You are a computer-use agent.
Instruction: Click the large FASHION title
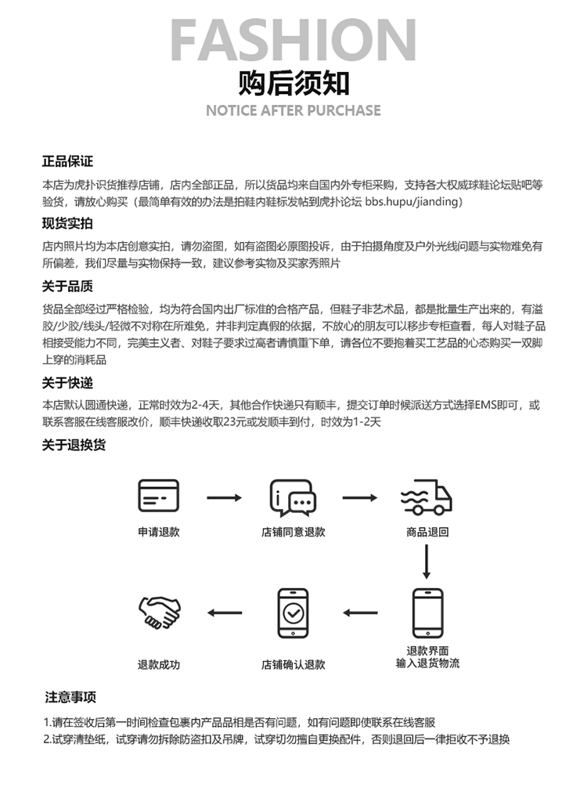tap(293, 39)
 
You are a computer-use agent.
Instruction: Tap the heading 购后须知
tap(293, 83)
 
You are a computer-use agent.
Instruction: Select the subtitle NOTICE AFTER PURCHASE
tap(293, 110)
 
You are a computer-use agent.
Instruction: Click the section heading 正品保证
tap(67, 161)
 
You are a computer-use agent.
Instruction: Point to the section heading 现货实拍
tap(67, 223)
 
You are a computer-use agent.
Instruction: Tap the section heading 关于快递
tap(67, 383)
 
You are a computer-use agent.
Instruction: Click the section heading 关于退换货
tap(74, 445)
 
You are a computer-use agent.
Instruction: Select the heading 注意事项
tap(70, 697)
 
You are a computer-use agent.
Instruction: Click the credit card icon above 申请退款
tap(158, 497)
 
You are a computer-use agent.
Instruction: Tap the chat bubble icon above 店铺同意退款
tap(293, 497)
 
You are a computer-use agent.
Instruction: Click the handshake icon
tap(159, 612)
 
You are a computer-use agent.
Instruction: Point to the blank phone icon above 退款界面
tap(427, 612)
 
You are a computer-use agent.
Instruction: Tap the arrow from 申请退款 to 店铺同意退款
tap(225, 497)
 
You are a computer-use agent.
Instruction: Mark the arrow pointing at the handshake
tap(225, 612)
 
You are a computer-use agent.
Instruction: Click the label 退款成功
tap(159, 665)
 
